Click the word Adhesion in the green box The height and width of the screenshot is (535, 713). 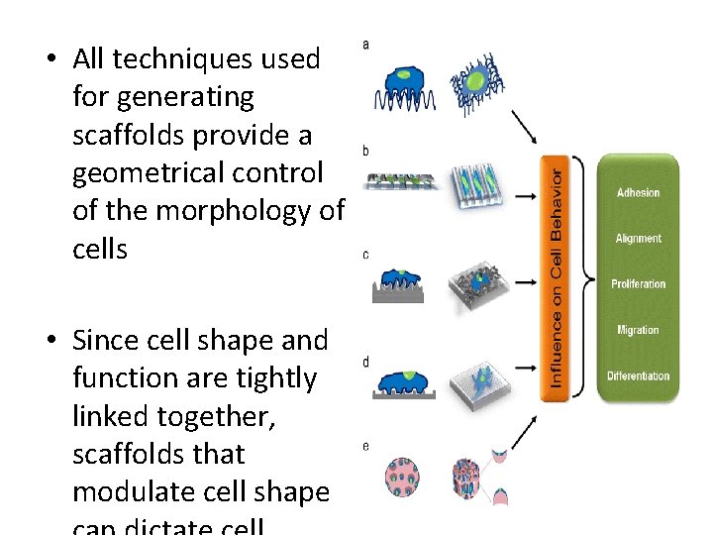pos(638,192)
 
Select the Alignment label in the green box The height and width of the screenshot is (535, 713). pos(638,239)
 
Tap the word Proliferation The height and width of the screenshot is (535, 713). pos(638,284)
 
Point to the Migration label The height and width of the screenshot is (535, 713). pos(638,330)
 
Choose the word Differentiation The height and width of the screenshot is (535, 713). pos(638,375)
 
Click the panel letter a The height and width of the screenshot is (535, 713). pos(366,44)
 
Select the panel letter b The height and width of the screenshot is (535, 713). pos(366,151)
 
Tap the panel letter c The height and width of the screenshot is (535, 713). pos(366,255)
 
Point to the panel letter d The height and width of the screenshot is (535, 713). pos(366,363)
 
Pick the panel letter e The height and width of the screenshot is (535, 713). pos(366,446)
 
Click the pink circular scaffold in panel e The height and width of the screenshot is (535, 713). pos(402,478)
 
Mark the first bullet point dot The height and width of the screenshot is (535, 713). pos(49,59)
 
